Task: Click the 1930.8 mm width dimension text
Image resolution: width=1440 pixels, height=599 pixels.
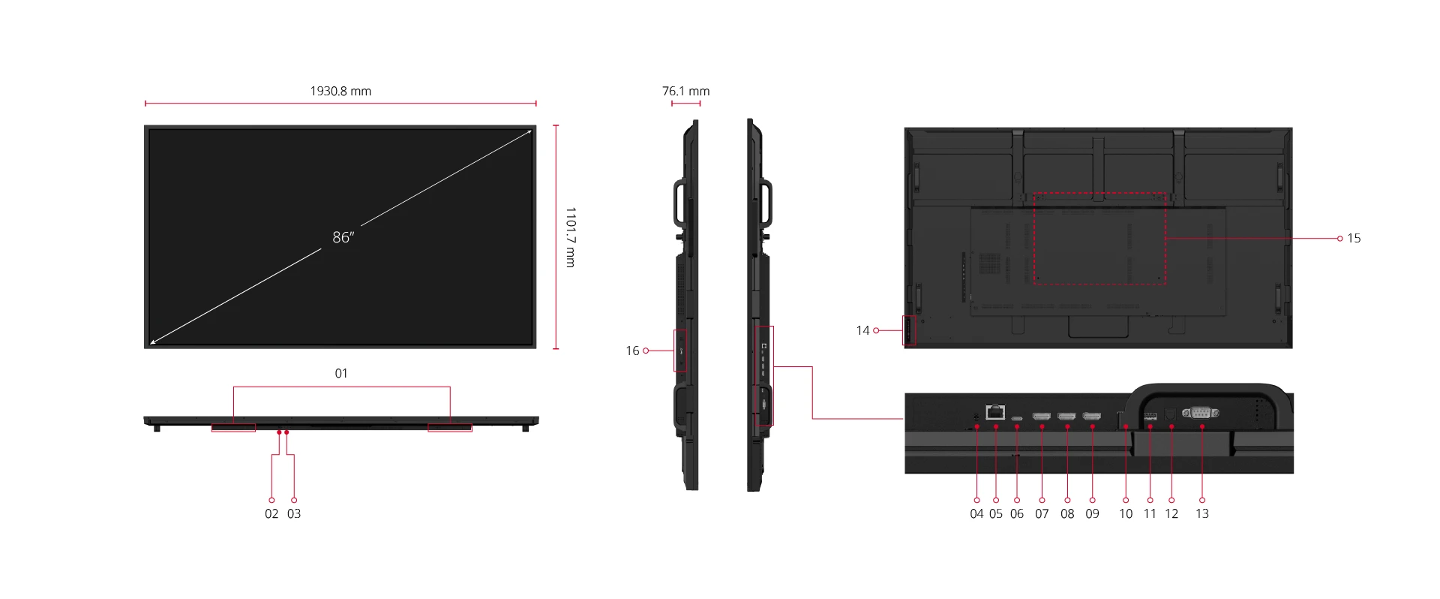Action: (x=340, y=91)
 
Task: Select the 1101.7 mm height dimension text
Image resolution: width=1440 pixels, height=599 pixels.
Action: (x=571, y=237)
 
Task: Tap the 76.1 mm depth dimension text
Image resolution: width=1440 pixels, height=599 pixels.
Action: (x=685, y=91)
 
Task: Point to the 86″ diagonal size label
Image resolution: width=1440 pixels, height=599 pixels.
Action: (x=343, y=237)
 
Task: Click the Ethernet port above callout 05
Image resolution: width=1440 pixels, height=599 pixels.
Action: (x=995, y=412)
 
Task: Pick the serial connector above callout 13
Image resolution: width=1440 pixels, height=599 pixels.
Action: (x=1200, y=412)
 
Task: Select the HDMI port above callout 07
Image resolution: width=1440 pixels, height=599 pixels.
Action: (x=1042, y=416)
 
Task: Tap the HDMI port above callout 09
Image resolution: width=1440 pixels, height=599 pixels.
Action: (x=1092, y=416)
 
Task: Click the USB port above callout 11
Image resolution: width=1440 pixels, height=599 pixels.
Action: (x=1150, y=416)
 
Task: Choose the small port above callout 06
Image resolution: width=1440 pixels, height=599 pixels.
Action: (x=1017, y=418)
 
